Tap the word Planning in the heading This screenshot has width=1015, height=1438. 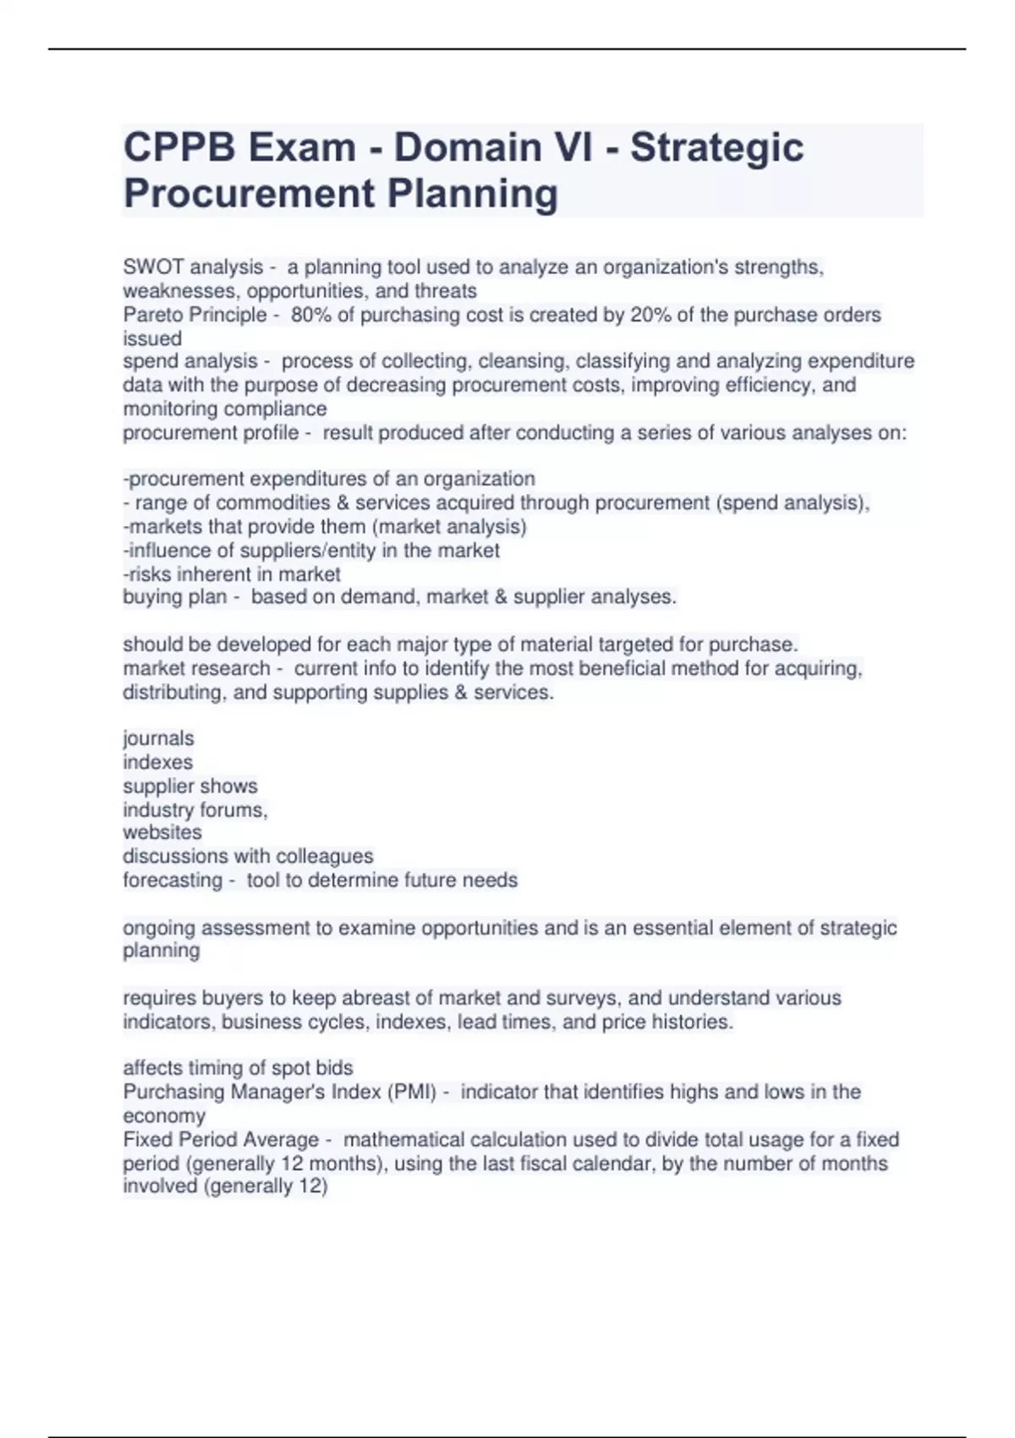click(x=473, y=194)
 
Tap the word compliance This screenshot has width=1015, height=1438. click(x=277, y=409)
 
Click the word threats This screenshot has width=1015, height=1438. click(x=445, y=291)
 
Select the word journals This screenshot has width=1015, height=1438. click(x=158, y=738)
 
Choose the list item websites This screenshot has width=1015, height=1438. click(x=162, y=832)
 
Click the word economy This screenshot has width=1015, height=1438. click(x=164, y=1116)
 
